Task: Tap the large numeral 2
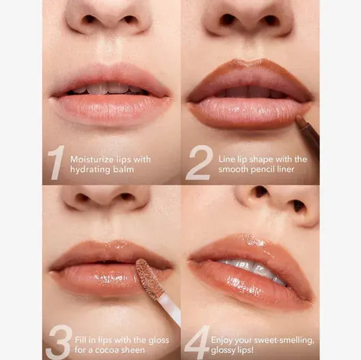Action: click(x=199, y=162)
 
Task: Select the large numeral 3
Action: click(x=59, y=342)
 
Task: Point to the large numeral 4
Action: click(x=197, y=342)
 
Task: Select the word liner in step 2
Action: click(x=287, y=169)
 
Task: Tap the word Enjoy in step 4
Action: click(x=221, y=340)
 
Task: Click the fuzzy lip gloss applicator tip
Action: click(x=149, y=277)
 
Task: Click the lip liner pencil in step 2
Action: click(x=308, y=131)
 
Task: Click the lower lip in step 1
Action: click(x=111, y=109)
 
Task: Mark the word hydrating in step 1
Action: click(x=91, y=170)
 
